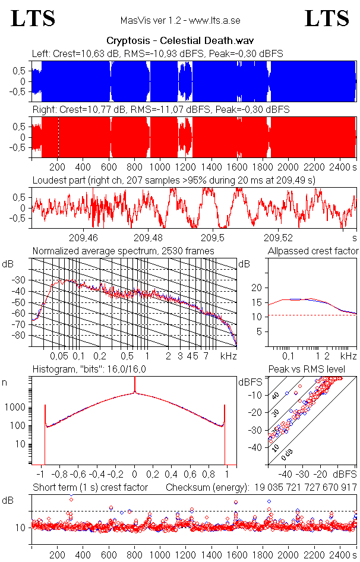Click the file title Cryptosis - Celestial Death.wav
point(180,41)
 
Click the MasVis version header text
point(180,20)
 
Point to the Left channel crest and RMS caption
point(157,53)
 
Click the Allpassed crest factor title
point(313,251)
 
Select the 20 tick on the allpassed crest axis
point(257,288)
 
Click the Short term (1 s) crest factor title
point(90,488)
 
